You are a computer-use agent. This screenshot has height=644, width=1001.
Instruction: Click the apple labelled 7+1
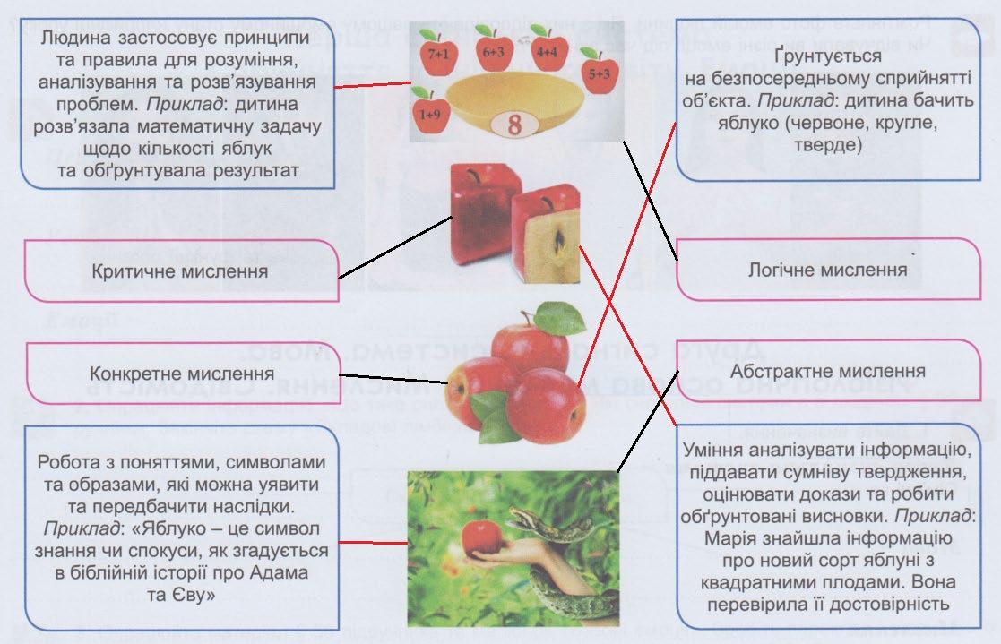point(438,56)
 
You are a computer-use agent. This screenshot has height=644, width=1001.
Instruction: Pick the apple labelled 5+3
point(600,69)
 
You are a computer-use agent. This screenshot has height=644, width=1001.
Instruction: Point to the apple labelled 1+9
point(429,113)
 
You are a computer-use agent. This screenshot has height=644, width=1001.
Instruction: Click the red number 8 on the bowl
point(513,124)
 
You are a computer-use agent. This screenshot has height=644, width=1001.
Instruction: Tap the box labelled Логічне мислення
point(827,269)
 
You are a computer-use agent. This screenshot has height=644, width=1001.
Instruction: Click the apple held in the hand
point(481,537)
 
